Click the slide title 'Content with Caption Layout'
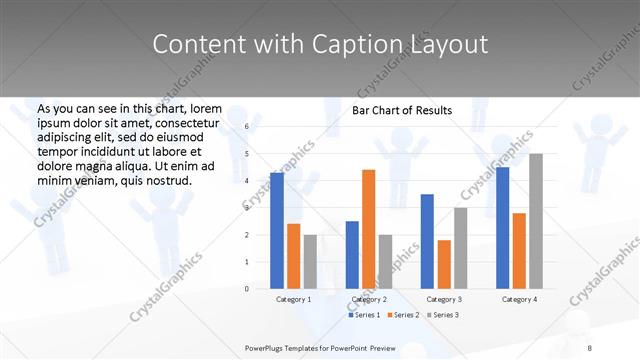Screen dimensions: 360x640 coord(320,45)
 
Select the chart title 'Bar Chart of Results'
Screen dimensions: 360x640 coord(402,110)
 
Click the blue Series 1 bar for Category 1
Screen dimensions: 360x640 coord(277,230)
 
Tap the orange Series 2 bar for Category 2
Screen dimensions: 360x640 coord(369,229)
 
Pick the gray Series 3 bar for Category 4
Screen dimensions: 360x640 coord(536,221)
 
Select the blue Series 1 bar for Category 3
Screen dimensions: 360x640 coord(427,241)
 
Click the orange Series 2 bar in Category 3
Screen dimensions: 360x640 coord(444,264)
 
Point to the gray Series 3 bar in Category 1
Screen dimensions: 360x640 coord(310,261)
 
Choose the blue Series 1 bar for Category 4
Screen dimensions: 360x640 coord(502,227)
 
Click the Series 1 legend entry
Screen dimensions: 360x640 coord(364,315)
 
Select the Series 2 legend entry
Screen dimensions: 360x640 coord(403,315)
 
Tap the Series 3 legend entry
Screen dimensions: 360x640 coord(443,315)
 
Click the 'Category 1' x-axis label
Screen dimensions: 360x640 coord(293,299)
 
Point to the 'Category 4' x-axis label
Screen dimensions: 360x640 coord(519,299)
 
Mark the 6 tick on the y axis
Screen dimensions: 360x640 coord(246,127)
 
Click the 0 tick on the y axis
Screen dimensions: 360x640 coord(246,289)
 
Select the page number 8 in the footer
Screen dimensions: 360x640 coord(589,347)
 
